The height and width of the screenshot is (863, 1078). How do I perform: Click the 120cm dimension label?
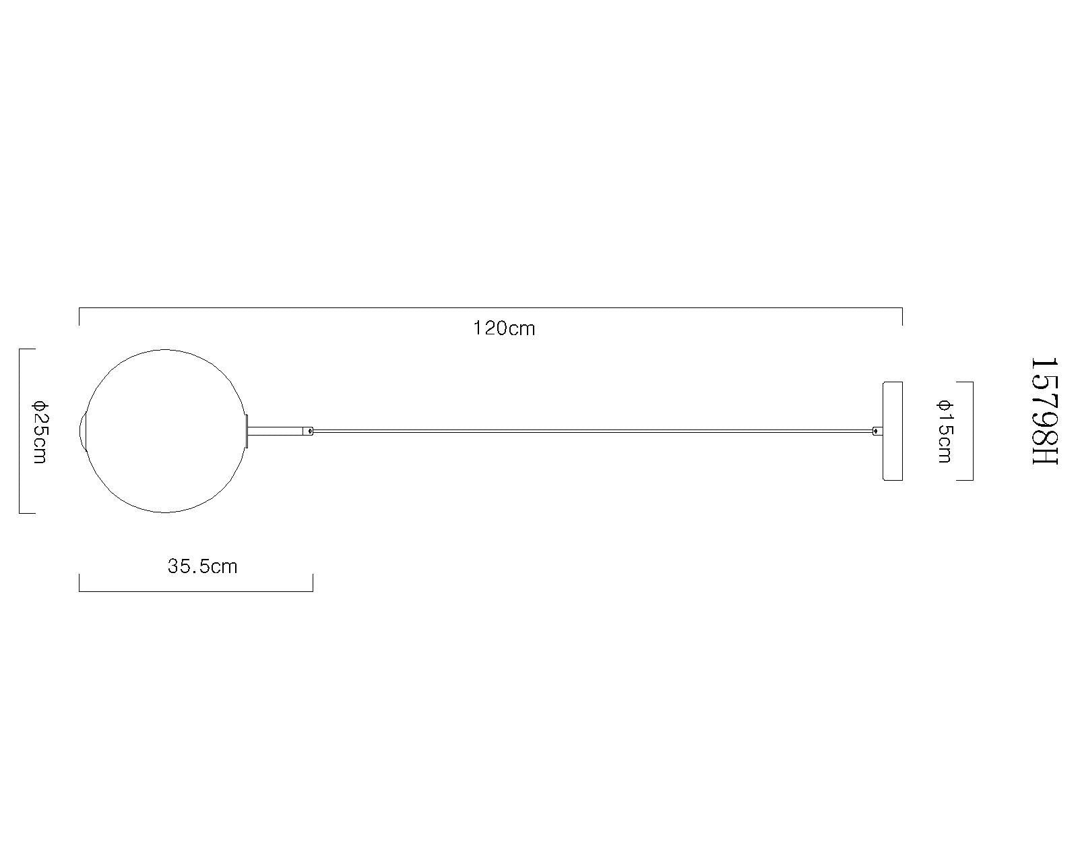[x=504, y=328]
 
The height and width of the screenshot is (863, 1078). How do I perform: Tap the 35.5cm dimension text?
[x=202, y=566]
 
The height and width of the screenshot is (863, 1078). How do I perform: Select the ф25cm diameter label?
[x=39, y=431]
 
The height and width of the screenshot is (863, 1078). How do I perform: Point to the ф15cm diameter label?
[x=945, y=431]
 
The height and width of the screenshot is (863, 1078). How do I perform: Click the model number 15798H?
[x=1045, y=411]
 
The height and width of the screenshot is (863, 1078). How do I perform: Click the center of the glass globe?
[x=166, y=431]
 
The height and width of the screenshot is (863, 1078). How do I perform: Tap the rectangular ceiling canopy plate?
[x=892, y=431]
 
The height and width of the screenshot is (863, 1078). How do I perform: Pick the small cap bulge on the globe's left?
[x=83, y=431]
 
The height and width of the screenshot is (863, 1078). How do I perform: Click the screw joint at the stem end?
[x=309, y=431]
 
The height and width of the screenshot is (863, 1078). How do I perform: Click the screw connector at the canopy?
[x=877, y=431]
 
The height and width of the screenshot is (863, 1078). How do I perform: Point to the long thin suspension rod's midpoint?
[x=593, y=431]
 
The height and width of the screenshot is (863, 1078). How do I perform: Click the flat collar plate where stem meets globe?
[x=247, y=431]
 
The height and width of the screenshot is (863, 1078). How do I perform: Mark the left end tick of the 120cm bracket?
[x=80, y=316]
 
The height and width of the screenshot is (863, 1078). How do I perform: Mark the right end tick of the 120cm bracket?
[x=902, y=316]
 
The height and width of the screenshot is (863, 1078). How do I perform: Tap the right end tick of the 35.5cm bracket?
[x=313, y=583]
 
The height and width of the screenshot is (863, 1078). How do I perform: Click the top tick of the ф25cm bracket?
[x=26, y=349]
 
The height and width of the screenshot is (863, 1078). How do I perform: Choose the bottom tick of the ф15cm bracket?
[x=965, y=480]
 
